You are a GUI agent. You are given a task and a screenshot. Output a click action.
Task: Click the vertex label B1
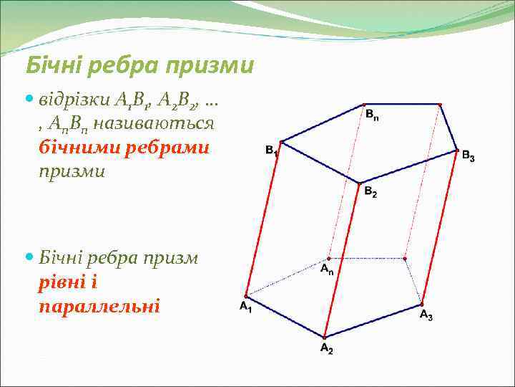coord(272,150)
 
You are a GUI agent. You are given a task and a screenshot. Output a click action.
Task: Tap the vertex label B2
coord(370,192)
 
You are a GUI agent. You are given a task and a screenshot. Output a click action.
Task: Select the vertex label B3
coord(468,156)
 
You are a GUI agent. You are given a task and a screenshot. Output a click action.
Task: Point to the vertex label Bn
coord(372,114)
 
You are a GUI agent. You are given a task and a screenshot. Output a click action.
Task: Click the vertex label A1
coord(245,307)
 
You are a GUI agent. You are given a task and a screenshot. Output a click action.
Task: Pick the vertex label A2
coord(326,349)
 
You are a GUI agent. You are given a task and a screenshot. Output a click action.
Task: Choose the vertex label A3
coord(426,315)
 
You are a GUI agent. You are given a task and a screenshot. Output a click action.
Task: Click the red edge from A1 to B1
coord(263,219)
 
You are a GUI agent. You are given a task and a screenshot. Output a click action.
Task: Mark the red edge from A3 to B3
coord(440,226)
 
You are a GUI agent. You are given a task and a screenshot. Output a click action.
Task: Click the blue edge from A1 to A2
coord(285,316)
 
